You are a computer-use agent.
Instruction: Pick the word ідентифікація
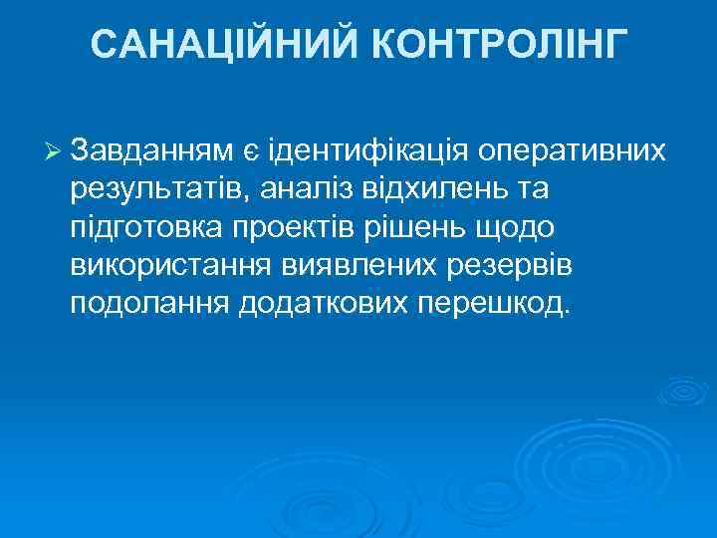(367, 151)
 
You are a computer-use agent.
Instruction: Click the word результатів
(150, 189)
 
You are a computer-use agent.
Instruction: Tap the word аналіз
(294, 189)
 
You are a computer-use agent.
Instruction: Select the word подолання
(149, 303)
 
